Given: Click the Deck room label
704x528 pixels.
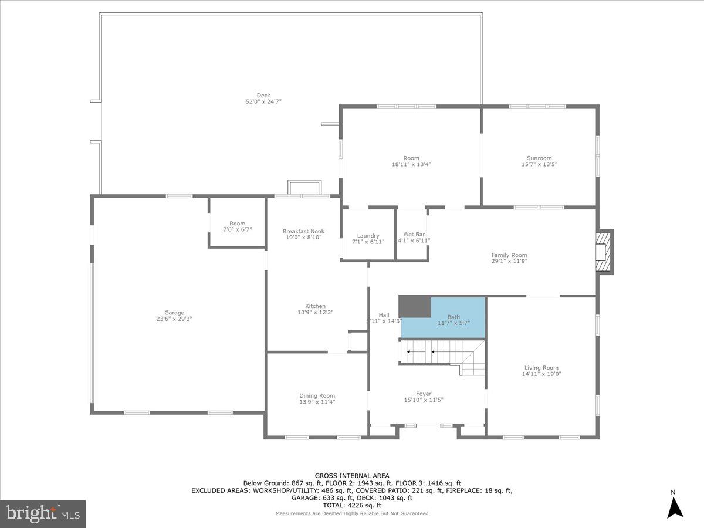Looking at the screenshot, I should tap(263, 95).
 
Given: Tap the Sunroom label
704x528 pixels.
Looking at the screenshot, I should tap(539, 158).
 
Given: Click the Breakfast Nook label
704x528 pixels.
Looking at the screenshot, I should tap(303, 231).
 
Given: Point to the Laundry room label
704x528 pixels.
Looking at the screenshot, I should tap(368, 236).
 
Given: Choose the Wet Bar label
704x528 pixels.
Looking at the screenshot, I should tap(414, 234).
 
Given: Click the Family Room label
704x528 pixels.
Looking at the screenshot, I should tap(509, 255).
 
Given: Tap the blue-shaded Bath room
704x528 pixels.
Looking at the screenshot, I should tap(458, 320).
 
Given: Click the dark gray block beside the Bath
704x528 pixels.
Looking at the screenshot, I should tap(414, 306).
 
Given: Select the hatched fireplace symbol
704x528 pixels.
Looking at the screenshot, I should tap(605, 252).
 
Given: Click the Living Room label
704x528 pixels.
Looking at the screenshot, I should tap(541, 367).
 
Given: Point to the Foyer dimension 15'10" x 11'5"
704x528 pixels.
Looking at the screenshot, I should tap(424, 400).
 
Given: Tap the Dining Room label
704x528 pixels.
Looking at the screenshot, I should tap(317, 395).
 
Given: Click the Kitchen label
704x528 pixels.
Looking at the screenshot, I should tap(315, 306).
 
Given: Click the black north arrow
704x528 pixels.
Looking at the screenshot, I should tap(675, 507).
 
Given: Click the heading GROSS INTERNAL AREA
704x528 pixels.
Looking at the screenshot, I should tap(352, 476).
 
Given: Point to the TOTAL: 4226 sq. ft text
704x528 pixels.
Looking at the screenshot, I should tap(352, 505).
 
